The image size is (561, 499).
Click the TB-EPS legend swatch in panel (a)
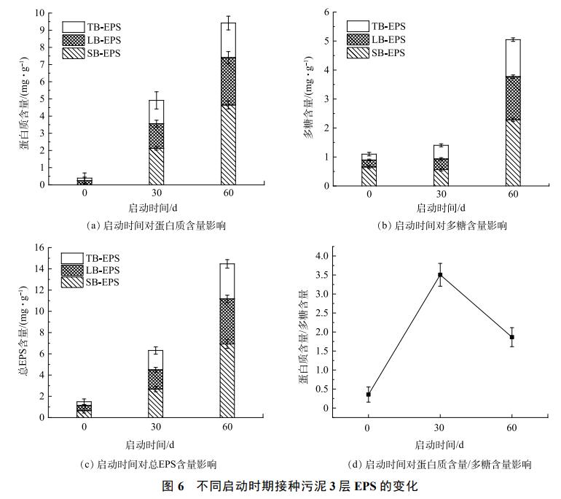click(x=73, y=27)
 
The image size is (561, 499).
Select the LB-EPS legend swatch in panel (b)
click(x=358, y=39)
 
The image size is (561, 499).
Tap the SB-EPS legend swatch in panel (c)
click(x=73, y=282)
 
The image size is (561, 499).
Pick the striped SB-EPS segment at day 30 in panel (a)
click(x=157, y=166)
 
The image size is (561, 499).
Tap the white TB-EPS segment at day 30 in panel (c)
click(x=156, y=360)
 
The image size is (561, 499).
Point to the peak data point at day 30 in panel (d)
click(x=440, y=275)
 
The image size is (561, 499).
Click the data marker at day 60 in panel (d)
click(x=512, y=337)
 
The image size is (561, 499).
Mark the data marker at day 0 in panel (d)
click(x=369, y=394)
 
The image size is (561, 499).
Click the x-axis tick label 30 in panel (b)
click(x=441, y=194)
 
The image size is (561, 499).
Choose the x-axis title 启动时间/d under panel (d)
click(x=440, y=444)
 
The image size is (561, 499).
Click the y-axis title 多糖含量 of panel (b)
click(x=307, y=117)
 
